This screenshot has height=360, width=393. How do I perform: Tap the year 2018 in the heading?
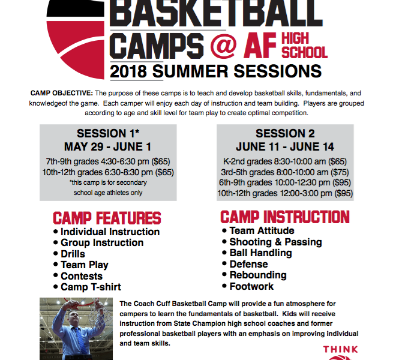128,71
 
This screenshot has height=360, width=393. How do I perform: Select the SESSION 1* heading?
108,133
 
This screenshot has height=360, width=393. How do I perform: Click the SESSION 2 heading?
285,133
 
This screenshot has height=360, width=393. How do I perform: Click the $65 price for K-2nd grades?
337,161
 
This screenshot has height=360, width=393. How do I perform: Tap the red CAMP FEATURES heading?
107,218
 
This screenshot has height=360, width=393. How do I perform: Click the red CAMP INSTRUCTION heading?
285,217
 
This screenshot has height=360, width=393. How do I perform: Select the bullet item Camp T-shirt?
91,287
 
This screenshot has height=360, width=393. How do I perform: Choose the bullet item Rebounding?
258,275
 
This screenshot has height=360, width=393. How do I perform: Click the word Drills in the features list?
73,254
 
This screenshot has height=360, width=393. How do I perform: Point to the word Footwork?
251,286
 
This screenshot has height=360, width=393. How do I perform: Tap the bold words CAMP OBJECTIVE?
62,93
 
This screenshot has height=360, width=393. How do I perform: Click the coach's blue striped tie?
81,339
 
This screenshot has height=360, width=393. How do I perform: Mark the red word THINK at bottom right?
340,349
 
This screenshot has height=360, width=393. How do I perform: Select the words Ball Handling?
261,253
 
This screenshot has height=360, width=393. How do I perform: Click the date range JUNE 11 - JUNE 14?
285,147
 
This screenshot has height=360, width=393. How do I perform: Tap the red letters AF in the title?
260,46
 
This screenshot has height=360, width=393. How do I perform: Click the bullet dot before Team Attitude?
224,230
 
